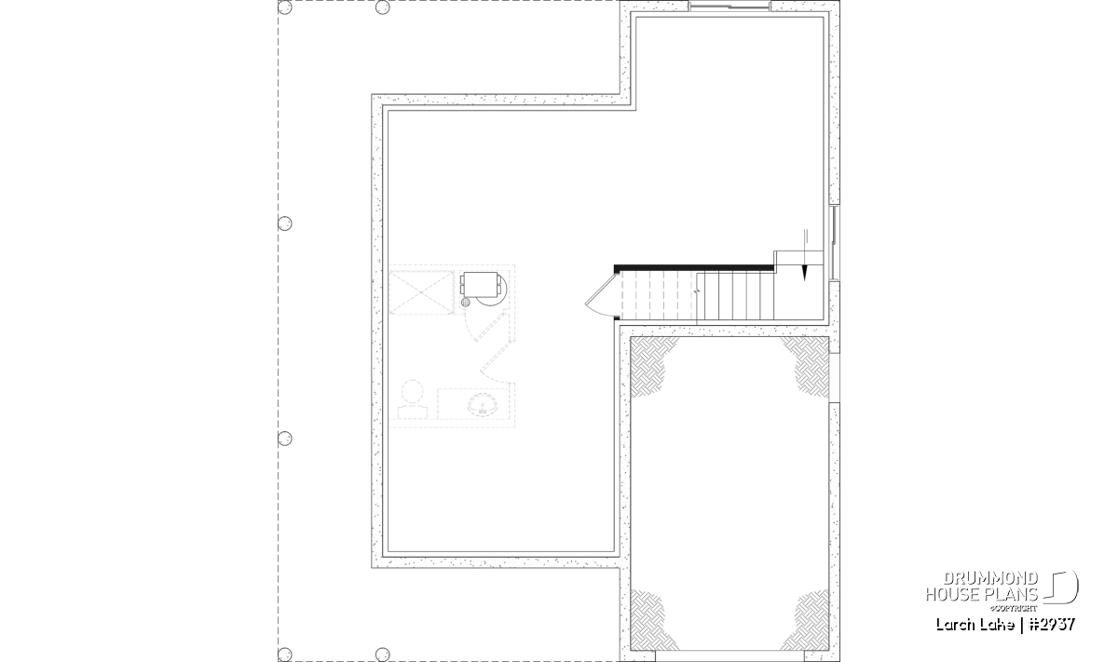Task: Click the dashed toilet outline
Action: tap(412, 399)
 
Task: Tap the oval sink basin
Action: tap(483, 404)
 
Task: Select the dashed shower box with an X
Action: tap(421, 292)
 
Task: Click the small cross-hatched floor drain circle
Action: tap(466, 303)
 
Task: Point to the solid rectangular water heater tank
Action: tap(481, 284)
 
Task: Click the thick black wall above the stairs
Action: tap(694, 268)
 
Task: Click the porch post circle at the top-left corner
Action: tap(284, 7)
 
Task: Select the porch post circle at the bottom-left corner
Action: tap(284, 654)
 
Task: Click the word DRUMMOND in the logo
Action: tap(990, 579)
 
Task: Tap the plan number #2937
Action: tap(1051, 625)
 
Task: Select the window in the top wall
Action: tap(729, 6)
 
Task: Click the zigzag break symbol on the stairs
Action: tap(697, 290)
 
